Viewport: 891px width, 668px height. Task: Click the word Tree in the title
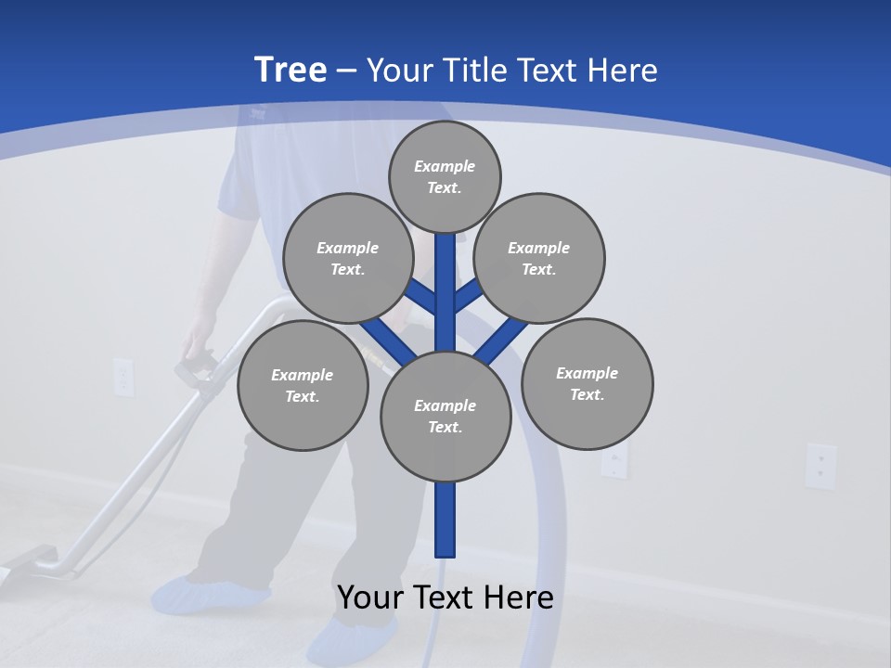coord(291,71)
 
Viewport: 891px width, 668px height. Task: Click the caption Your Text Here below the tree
coord(445,597)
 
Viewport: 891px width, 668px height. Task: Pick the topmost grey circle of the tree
coord(445,176)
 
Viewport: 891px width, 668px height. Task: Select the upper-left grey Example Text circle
coord(347,258)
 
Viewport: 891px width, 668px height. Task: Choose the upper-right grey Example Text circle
coord(539,258)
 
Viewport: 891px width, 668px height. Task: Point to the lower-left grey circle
coord(303,385)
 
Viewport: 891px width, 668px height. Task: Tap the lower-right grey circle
coord(587,383)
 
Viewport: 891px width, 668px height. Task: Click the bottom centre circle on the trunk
coord(445,417)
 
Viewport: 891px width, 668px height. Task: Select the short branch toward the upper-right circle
coord(468,296)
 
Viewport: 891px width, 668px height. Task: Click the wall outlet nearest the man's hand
coord(123,376)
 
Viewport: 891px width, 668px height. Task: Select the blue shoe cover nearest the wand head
coord(209,595)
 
